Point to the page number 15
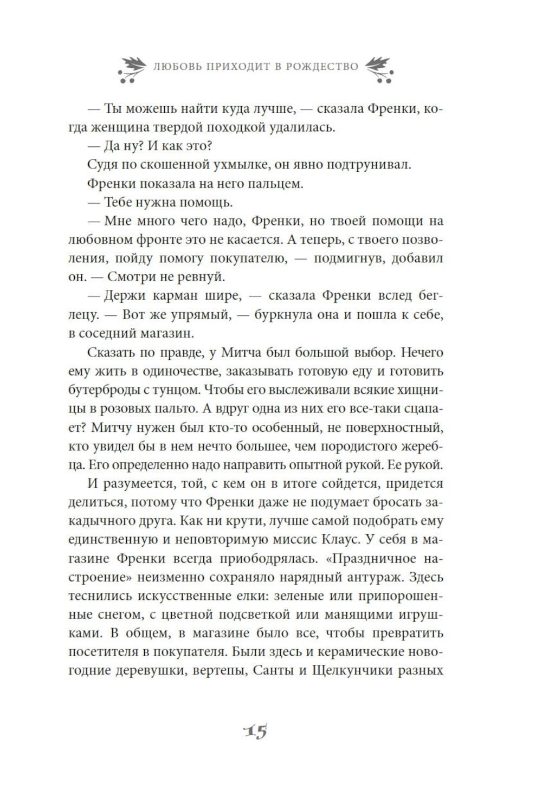pos(256,733)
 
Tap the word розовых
pos(121,409)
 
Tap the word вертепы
pos(212,670)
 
